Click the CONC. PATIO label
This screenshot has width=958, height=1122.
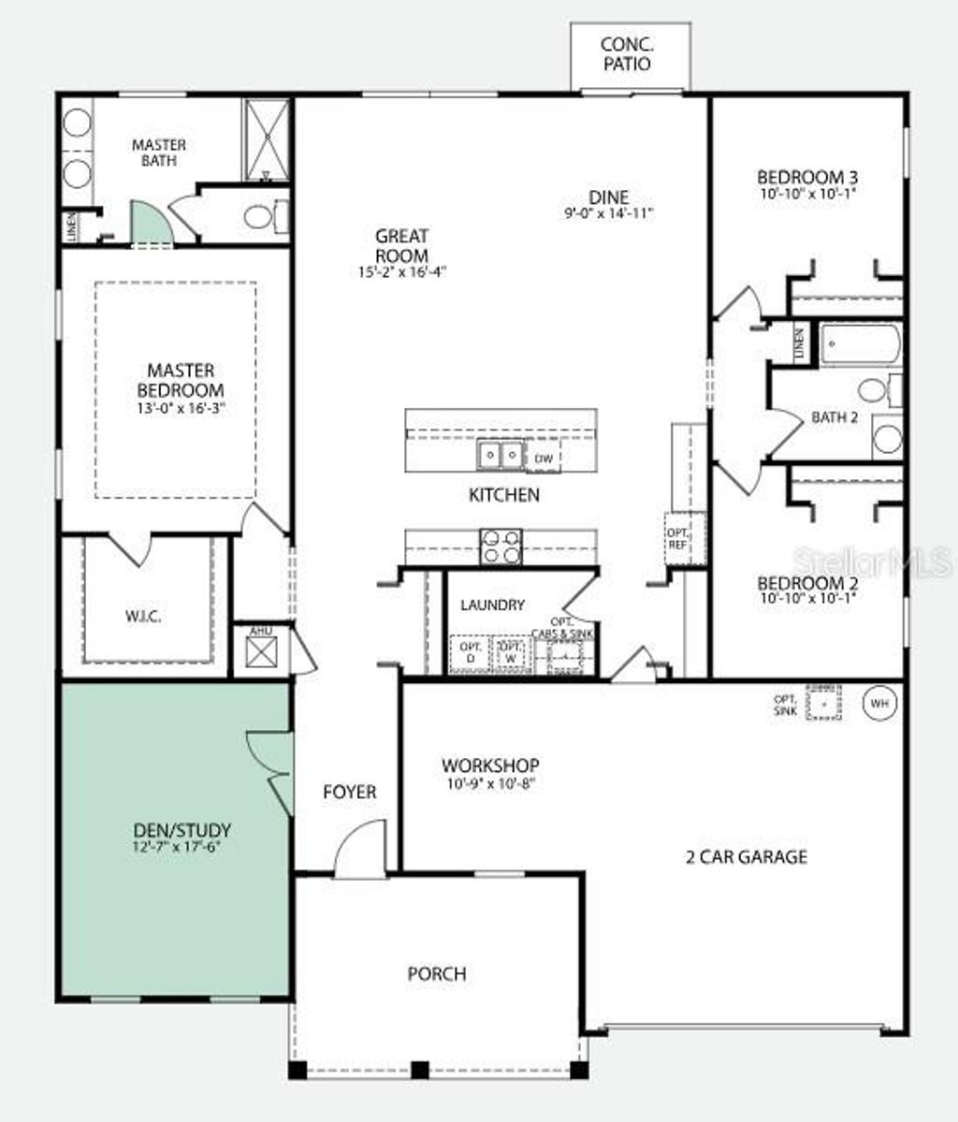[x=626, y=54]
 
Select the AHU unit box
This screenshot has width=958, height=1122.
[x=261, y=650]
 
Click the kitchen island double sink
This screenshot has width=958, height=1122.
[x=501, y=455]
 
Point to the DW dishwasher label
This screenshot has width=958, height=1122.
[x=544, y=459]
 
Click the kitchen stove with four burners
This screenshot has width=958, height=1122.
[x=501, y=546]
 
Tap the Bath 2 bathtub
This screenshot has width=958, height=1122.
[x=861, y=343]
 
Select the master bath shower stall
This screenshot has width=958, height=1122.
[x=269, y=138]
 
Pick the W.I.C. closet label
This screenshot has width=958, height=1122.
[x=143, y=617]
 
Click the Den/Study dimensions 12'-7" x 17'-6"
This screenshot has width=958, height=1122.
[x=182, y=846]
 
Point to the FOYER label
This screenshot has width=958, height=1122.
[x=349, y=792]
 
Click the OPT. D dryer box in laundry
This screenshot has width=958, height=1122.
[x=471, y=654]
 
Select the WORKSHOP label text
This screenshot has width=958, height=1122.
[x=490, y=765]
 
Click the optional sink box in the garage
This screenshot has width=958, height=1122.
[x=823, y=703]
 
